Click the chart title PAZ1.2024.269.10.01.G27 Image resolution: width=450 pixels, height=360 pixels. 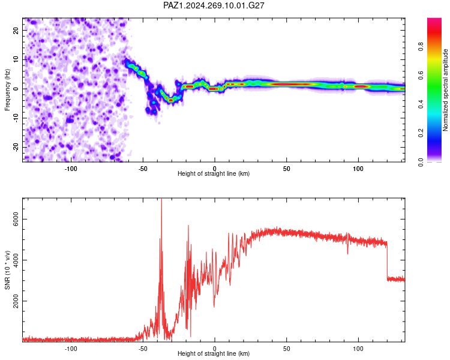click(x=214, y=5)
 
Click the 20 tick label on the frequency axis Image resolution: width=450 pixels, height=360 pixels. click(x=16, y=31)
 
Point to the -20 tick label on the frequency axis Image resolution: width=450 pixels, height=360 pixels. click(x=16, y=147)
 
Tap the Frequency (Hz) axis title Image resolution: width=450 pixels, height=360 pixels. click(x=7, y=89)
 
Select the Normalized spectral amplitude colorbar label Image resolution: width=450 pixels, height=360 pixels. click(x=445, y=90)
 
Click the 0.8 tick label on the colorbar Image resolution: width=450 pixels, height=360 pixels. click(x=421, y=47)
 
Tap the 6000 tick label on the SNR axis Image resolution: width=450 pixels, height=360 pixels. click(x=16, y=219)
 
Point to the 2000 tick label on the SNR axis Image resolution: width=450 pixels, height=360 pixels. click(x=16, y=301)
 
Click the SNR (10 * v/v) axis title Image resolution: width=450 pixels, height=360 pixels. click(x=7, y=270)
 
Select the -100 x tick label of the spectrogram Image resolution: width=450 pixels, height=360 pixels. click(x=71, y=169)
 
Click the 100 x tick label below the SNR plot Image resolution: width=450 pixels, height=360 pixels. click(x=358, y=349)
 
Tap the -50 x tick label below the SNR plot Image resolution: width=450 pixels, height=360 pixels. click(x=143, y=349)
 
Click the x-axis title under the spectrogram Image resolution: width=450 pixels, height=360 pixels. click(x=214, y=173)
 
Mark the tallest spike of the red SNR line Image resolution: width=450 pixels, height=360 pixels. click(x=161, y=199)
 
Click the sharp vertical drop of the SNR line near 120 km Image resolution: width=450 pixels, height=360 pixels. click(x=387, y=261)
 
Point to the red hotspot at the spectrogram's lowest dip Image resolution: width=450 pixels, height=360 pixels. click(x=171, y=100)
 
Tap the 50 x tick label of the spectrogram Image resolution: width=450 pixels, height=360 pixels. click(x=286, y=169)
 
